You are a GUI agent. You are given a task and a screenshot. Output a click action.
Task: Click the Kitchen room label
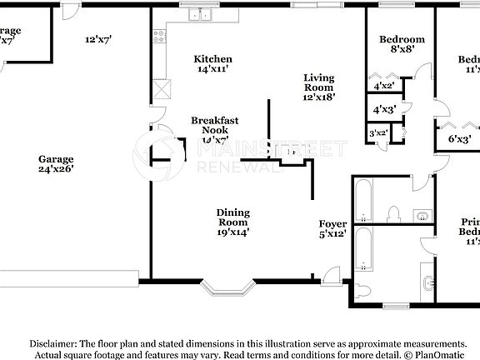[x=212, y=64]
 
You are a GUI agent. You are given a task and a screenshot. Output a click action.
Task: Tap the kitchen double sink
[x=199, y=14]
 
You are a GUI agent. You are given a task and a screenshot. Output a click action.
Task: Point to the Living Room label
[x=317, y=87]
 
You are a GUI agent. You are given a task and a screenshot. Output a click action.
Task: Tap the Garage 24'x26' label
[x=55, y=163]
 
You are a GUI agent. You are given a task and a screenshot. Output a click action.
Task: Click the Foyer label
[x=332, y=229]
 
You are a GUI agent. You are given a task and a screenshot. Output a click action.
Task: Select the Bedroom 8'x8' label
[x=402, y=44]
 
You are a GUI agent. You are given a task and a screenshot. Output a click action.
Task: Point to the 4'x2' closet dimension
[x=384, y=86]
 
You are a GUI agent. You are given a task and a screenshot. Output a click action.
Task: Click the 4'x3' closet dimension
[x=384, y=109]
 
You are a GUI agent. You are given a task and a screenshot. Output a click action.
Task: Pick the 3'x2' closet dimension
[x=378, y=132]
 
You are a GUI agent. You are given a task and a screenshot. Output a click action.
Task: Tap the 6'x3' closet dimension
[x=460, y=138]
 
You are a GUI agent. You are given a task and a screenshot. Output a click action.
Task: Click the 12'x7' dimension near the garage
[x=97, y=39]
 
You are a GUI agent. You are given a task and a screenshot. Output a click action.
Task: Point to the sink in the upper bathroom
[x=422, y=216]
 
